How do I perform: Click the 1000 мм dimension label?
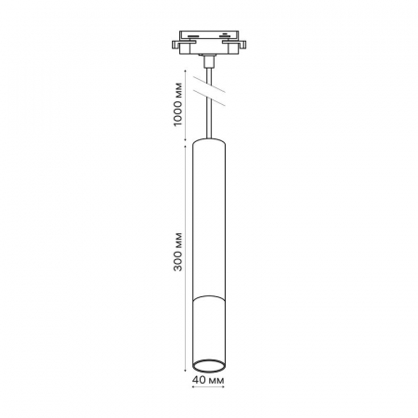pyautogui.click(x=178, y=104)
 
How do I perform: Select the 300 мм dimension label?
pyautogui.click(x=178, y=252)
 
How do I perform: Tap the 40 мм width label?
pyautogui.click(x=208, y=380)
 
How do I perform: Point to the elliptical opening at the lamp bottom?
pyautogui.click(x=209, y=366)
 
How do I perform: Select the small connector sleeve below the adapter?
pyautogui.click(x=209, y=61)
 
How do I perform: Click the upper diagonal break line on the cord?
pyautogui.click(x=209, y=84)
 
